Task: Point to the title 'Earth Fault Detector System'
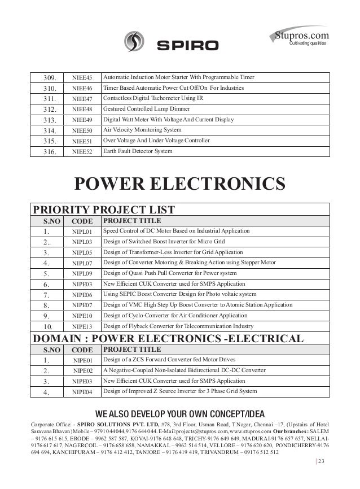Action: point(138,151)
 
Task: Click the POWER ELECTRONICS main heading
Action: point(179,184)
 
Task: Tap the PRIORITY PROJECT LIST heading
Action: point(105,209)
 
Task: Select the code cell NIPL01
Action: point(82,232)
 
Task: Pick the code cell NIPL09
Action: point(82,273)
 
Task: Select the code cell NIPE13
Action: point(82,326)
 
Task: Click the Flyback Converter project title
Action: point(177,326)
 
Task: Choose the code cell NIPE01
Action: point(82,360)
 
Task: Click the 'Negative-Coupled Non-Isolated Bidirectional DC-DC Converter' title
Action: point(184,370)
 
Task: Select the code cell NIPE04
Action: point(82,391)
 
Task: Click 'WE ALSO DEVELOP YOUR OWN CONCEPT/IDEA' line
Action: point(179,412)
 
